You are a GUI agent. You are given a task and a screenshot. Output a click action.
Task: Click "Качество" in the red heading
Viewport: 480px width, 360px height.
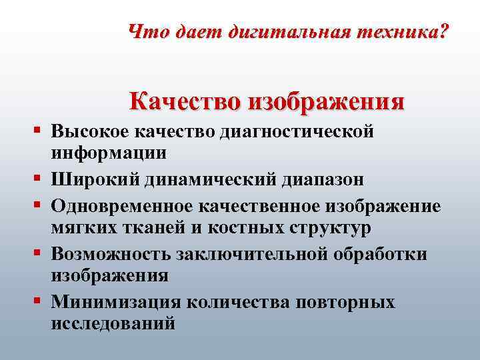185,101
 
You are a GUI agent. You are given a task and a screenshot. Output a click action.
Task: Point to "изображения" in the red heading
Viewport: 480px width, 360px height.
326,102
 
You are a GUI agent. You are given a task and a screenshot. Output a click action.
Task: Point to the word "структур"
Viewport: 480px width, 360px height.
317,227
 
